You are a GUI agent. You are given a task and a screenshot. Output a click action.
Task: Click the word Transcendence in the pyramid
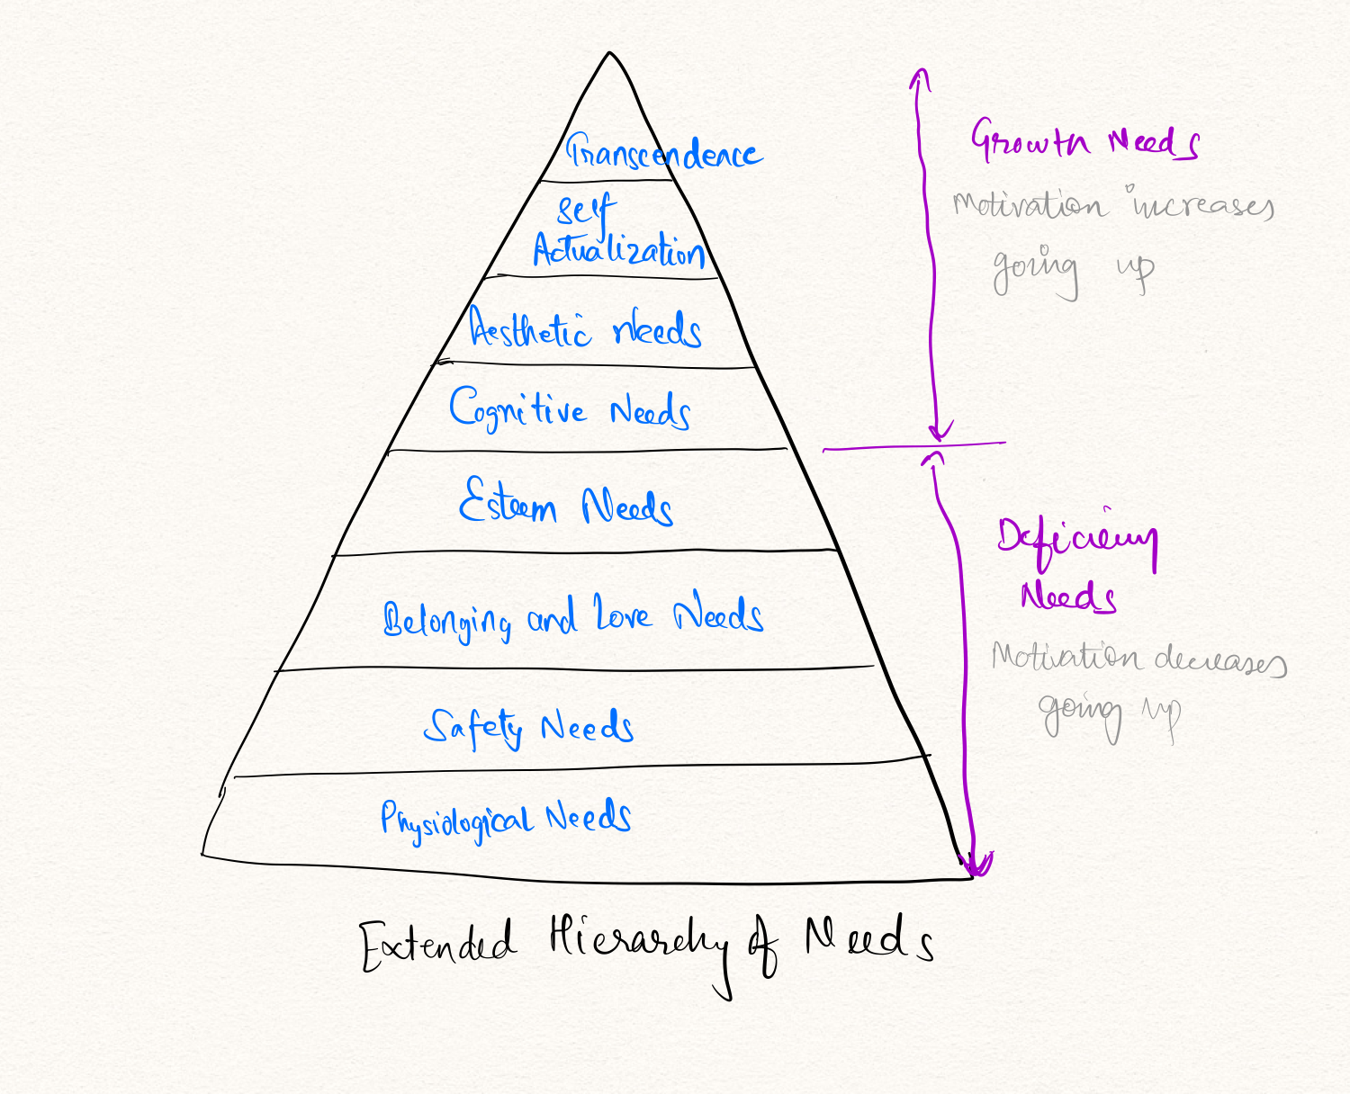664,153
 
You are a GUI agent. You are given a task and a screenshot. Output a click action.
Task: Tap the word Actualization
619,249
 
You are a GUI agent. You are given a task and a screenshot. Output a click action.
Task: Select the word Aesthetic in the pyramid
530,328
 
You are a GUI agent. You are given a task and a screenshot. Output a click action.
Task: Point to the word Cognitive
517,409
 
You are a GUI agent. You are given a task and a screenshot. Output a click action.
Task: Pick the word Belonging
447,620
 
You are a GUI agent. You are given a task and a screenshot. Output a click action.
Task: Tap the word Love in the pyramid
622,614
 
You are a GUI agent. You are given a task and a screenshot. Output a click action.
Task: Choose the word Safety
473,726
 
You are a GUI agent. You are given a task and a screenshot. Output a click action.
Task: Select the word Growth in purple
1030,140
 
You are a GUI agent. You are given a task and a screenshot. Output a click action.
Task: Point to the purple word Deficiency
1076,541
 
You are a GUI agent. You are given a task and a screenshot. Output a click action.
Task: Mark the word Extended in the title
437,945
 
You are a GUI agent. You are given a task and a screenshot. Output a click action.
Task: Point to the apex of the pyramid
609,54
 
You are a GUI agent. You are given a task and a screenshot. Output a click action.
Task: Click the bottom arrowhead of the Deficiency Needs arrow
976,866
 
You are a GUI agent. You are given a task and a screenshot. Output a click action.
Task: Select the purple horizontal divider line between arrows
914,446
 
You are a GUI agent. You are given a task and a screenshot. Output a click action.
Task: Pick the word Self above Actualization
586,211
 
